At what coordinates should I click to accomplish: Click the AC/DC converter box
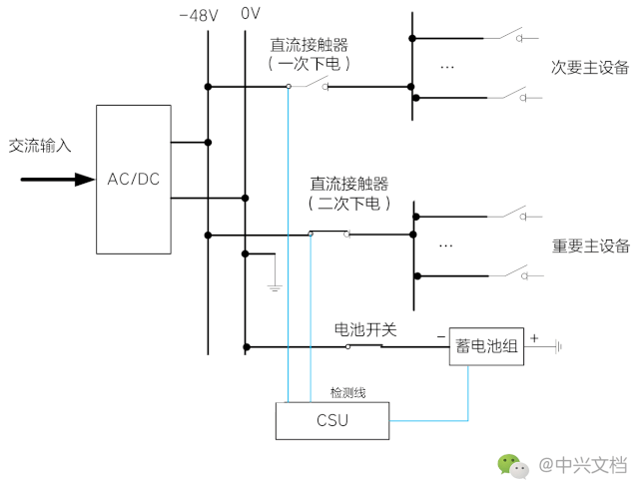click(134, 179)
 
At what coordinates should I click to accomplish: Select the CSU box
click(331, 420)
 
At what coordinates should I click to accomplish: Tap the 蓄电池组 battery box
click(486, 346)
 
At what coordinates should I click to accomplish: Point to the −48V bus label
click(199, 15)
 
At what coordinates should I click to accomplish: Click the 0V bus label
click(251, 15)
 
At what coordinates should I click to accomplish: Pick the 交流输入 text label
click(40, 145)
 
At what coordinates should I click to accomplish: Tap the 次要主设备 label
click(591, 68)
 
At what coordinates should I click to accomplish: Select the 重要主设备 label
click(591, 245)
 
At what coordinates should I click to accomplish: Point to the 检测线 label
click(347, 392)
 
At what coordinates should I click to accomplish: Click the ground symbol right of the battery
click(558, 346)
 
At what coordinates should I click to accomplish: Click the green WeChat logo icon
click(512, 465)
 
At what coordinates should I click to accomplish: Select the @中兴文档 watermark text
click(583, 465)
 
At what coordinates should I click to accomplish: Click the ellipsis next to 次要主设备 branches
click(446, 67)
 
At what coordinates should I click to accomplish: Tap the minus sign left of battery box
click(439, 337)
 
